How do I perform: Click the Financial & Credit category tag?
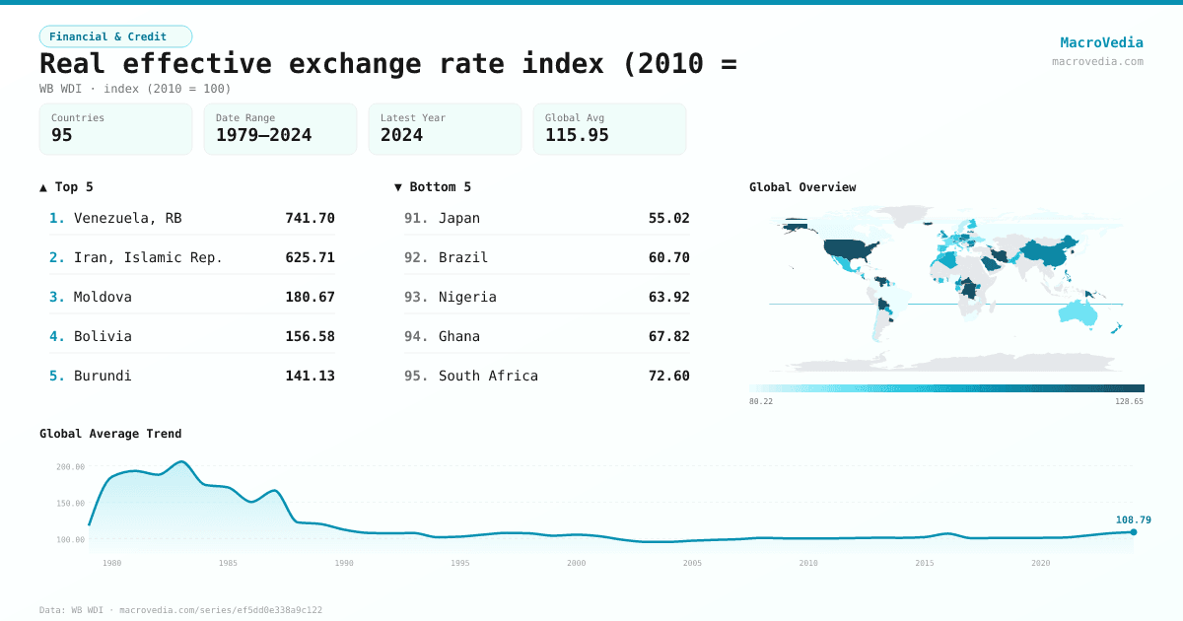[115, 36]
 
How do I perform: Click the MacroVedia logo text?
[1101, 42]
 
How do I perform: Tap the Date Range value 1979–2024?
[263, 136]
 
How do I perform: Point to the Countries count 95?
[62, 136]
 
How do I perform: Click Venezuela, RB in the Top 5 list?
[128, 218]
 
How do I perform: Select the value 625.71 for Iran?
[310, 257]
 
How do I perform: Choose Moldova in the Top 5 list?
[103, 297]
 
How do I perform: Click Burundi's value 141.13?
[310, 376]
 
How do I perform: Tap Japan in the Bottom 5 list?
[459, 218]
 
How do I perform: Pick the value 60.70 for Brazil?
[668, 257]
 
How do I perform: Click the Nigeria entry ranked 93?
[467, 297]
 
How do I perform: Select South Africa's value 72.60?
[668, 376]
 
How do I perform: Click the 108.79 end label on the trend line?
[1133, 519]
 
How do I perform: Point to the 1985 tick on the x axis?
[228, 563]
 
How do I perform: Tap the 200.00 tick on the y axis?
[70, 467]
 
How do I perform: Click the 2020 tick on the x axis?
[1040, 563]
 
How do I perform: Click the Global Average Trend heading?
[110, 434]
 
